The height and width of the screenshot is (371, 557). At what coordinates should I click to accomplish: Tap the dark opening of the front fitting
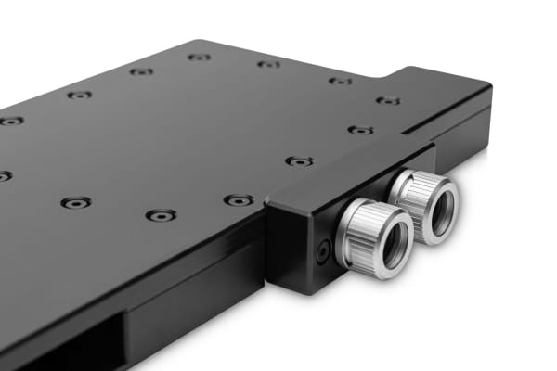pos(389,242)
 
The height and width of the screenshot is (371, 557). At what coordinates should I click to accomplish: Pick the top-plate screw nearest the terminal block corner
pos(239,199)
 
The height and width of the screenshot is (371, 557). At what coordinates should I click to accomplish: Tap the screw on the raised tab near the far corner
pos(388,100)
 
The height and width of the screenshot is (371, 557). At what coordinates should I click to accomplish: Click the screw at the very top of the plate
pos(199,57)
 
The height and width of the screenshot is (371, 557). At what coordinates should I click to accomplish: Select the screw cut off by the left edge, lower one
pos(4,175)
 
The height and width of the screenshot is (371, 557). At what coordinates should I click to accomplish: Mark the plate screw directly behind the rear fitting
pos(360,130)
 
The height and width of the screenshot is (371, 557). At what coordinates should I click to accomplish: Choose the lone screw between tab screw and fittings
pos(299,161)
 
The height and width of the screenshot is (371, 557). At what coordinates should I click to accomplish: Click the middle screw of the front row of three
pos(161,215)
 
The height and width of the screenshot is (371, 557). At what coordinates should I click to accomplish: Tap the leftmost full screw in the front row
pos(75,202)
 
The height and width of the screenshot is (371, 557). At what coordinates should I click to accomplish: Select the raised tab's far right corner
pos(489,88)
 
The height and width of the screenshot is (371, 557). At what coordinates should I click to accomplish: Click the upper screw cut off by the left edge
pos(9,121)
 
